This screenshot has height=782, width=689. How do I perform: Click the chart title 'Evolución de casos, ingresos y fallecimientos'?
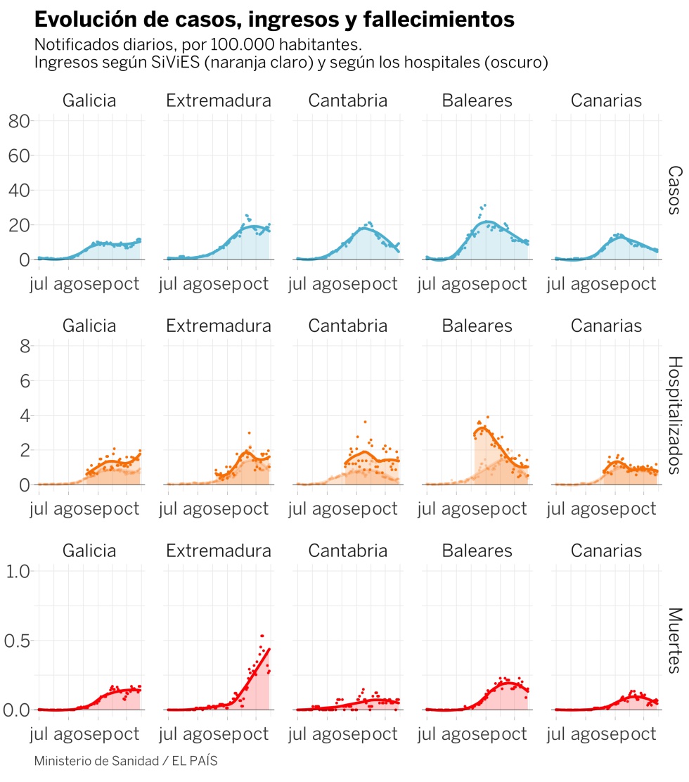[274, 20]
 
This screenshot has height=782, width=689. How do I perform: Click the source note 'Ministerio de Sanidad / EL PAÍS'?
[125, 762]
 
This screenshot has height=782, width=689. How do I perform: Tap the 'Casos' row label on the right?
[674, 190]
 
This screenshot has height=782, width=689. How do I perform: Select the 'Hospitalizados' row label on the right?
[674, 416]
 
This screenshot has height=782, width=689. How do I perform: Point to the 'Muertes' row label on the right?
[674, 641]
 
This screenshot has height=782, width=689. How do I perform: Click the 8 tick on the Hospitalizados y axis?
[24, 346]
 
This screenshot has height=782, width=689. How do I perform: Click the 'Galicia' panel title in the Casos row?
[89, 101]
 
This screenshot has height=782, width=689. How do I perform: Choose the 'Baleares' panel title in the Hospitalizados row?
[477, 326]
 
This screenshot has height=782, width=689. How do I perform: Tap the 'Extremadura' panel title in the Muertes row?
[219, 550]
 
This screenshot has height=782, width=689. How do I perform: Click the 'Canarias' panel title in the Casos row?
[606, 101]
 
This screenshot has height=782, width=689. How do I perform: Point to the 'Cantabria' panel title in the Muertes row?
[347, 550]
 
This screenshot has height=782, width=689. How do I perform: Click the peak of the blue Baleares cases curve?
[487, 222]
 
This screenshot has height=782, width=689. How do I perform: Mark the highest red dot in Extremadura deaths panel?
[262, 616]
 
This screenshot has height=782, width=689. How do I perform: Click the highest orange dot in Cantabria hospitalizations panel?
[364, 422]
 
